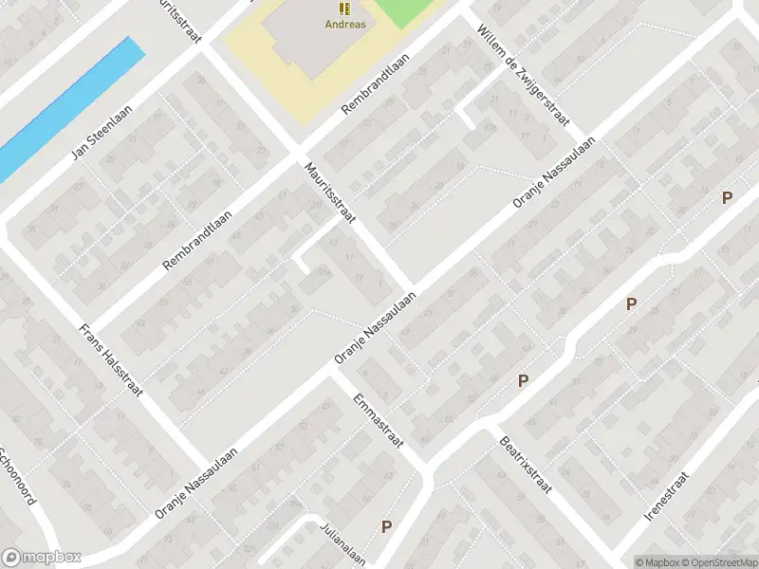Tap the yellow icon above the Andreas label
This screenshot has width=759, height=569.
coord(344,9)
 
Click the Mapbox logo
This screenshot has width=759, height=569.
coord(42,558)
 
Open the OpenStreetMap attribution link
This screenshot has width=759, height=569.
coord(718,562)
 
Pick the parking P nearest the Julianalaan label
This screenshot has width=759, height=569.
coord(386,526)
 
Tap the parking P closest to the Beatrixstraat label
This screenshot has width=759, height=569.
coord(522,381)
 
